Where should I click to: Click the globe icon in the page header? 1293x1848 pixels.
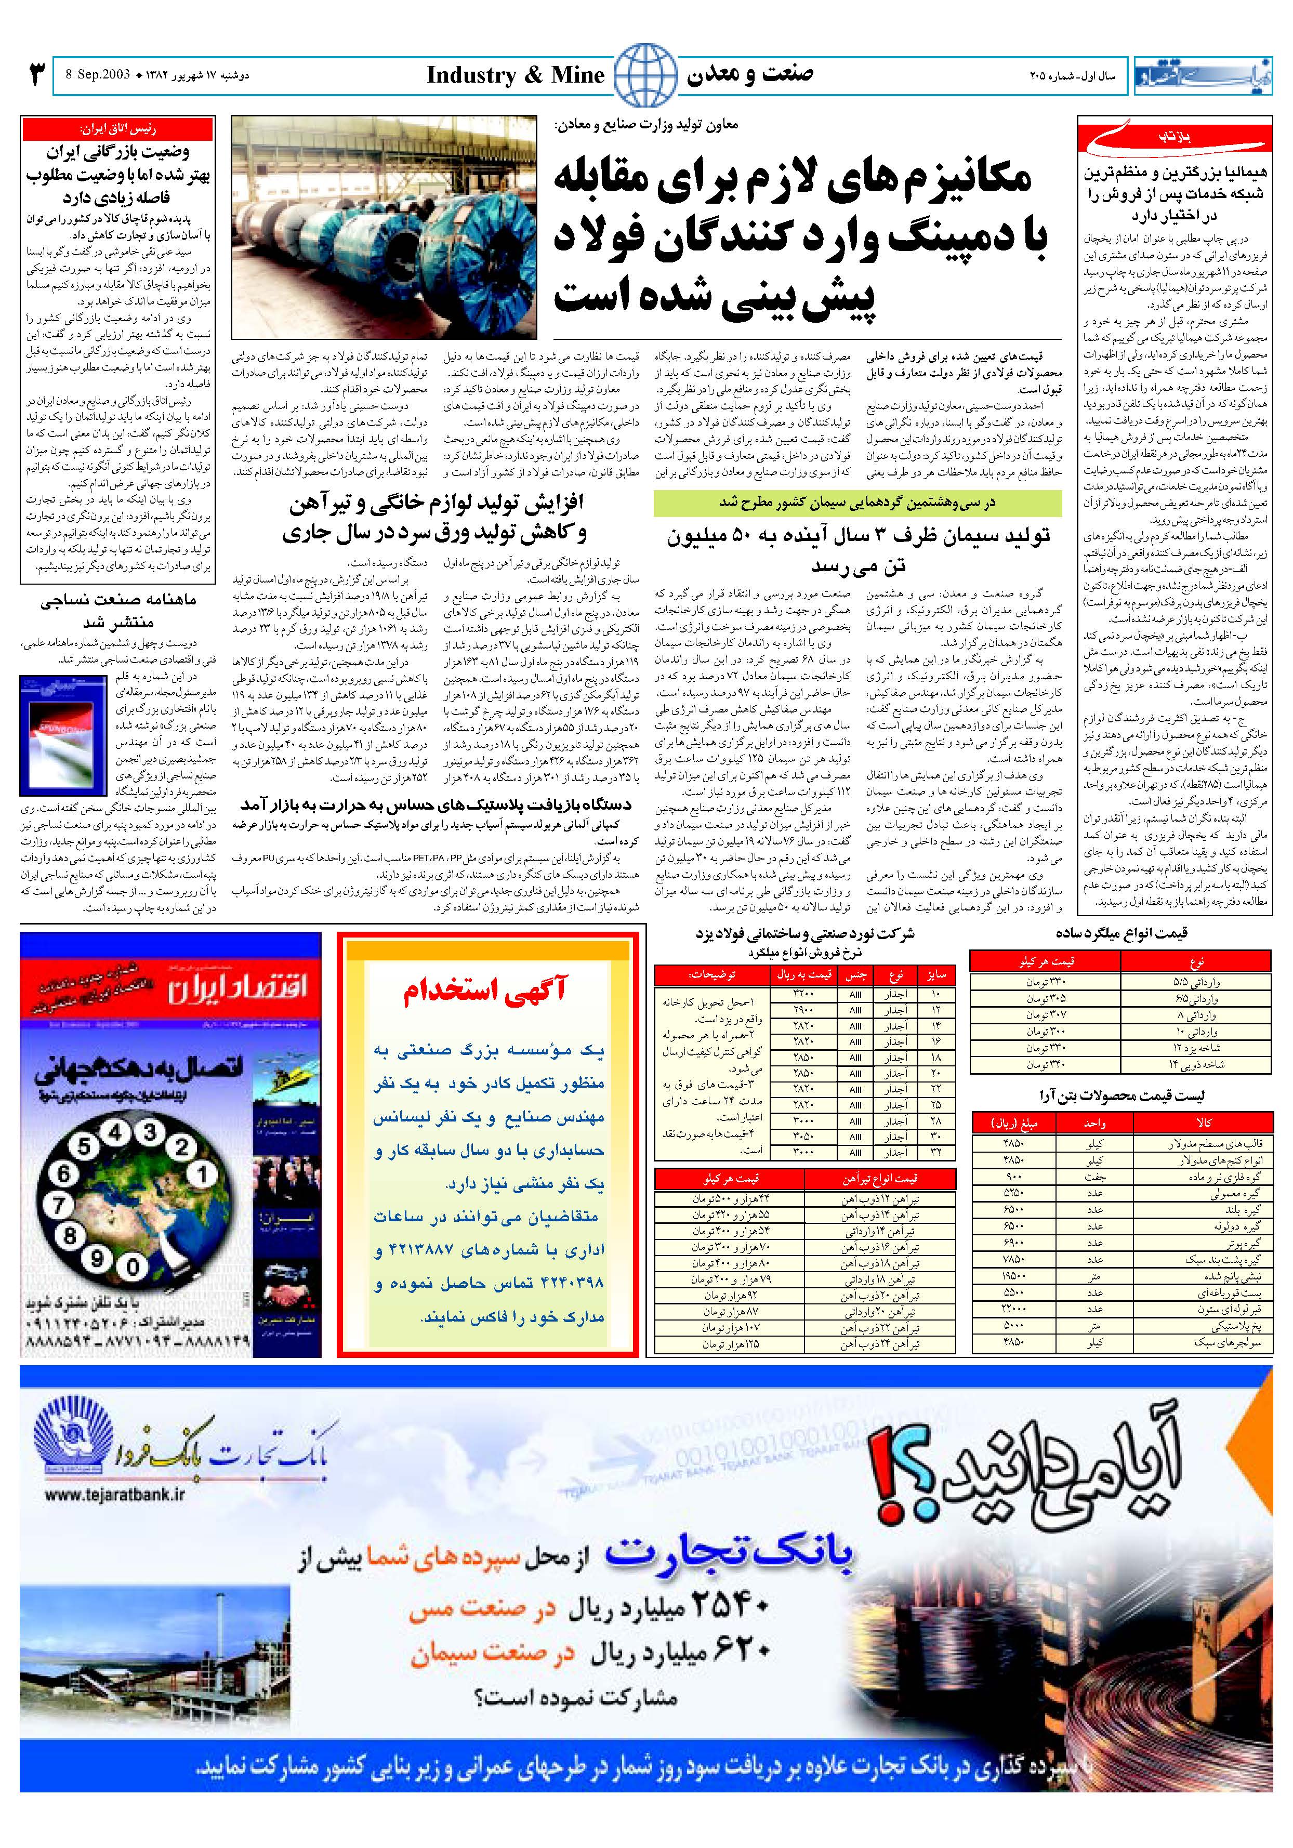pos(646,74)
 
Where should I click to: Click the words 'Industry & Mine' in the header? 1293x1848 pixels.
pos(515,76)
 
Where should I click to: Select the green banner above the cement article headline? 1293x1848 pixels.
pos(856,502)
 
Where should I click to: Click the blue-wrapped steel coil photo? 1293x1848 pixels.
pos(386,227)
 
